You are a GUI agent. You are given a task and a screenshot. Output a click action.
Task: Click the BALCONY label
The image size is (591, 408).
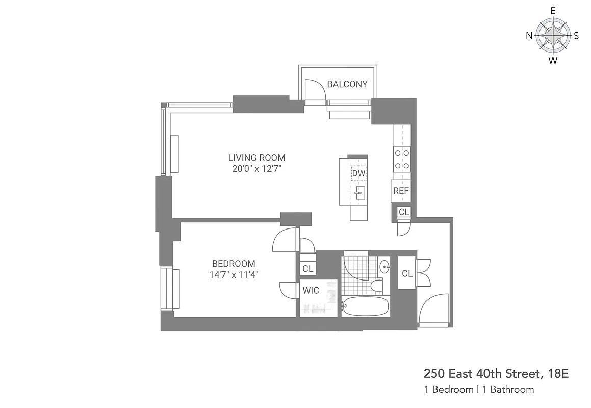tap(347, 84)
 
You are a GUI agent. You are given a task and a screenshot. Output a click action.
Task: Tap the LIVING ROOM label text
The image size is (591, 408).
tap(256, 158)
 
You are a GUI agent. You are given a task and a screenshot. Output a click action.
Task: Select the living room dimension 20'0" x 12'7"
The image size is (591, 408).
tap(256, 169)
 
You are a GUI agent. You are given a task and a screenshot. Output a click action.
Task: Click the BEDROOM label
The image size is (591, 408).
tap(234, 264)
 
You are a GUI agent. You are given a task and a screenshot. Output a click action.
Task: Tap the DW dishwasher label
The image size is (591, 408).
tap(358, 173)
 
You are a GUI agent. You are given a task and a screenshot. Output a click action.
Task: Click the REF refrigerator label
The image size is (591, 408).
tap(401, 191)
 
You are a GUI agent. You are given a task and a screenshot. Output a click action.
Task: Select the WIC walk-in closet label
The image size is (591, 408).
tap(311, 291)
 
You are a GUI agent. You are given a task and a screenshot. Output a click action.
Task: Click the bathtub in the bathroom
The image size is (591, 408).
tap(365, 306)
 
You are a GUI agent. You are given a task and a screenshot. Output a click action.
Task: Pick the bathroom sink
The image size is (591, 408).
tap(384, 266)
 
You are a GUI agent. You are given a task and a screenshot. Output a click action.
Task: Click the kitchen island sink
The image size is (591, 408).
tap(360, 193)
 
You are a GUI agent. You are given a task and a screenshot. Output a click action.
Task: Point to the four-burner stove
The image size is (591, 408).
tap(401, 159)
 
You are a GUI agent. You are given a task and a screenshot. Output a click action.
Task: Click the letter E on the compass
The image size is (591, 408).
tap(552, 10)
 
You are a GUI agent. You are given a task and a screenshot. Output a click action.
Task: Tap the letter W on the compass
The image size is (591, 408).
tap(552, 61)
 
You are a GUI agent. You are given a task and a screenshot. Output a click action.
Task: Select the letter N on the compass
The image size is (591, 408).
tap(529, 36)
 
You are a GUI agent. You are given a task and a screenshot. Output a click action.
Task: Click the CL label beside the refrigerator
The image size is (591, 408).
tap(404, 212)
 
